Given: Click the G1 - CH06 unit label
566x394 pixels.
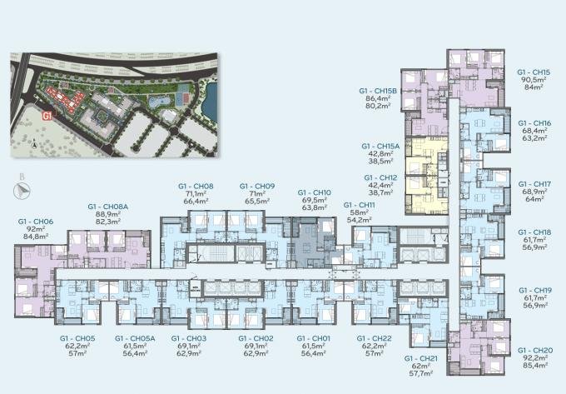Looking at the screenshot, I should click(x=36, y=222).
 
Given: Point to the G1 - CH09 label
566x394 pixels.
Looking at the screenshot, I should click(x=257, y=186).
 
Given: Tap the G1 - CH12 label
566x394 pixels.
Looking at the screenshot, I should click(x=380, y=178).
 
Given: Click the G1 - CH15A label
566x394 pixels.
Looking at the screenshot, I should click(x=381, y=146).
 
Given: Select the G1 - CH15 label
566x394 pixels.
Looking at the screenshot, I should click(x=534, y=72).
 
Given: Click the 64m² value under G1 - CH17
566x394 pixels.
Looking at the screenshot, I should click(x=534, y=199).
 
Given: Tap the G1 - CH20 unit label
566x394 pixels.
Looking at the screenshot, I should click(x=534, y=351).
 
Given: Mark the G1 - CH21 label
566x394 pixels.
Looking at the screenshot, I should click(x=422, y=357).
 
